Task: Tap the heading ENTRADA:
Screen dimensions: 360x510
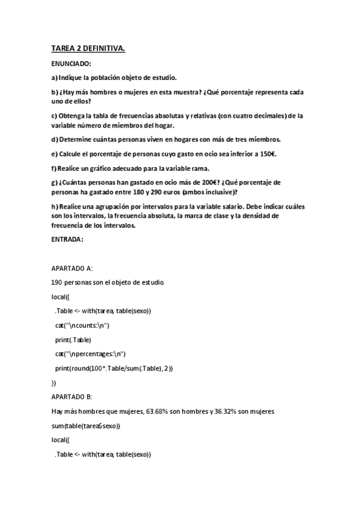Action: click(x=67, y=239)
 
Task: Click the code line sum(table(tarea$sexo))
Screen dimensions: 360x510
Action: click(x=87, y=426)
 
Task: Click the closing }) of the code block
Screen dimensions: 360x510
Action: click(x=54, y=382)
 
